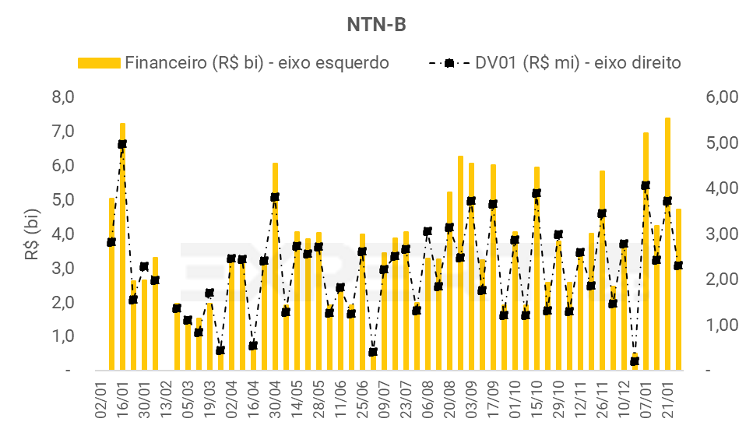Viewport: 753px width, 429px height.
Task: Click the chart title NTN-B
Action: [376, 25]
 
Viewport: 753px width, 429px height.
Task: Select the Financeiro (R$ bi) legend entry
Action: [234, 63]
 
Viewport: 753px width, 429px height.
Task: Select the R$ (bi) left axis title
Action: [33, 233]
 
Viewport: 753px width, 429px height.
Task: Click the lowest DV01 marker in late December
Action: [635, 361]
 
